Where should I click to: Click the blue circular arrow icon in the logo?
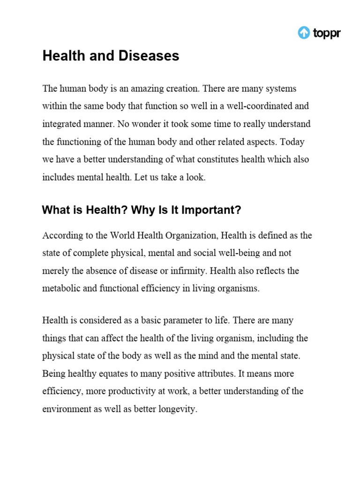pos(304,33)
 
